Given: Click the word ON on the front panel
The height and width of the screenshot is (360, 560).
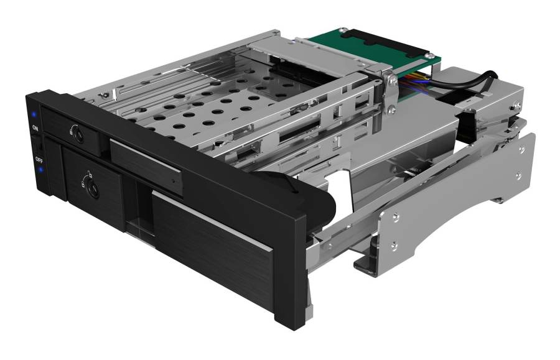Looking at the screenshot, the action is pyautogui.click(x=35, y=127).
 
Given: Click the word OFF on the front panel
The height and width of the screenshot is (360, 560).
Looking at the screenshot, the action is pyautogui.click(x=39, y=159).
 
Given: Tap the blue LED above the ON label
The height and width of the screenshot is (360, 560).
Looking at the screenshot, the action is pyautogui.click(x=34, y=114).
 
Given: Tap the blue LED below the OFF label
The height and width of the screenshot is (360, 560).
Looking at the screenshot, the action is pyautogui.click(x=40, y=170).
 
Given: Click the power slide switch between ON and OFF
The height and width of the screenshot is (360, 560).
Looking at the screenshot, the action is pyautogui.click(x=37, y=144).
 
